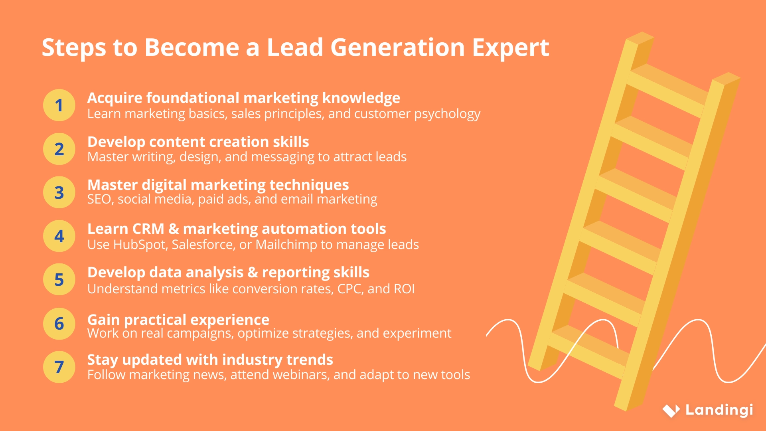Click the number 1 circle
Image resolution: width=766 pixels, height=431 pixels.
coord(59,105)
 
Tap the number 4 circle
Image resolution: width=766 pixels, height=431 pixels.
coord(59,236)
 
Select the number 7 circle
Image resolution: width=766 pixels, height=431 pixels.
coord(59,367)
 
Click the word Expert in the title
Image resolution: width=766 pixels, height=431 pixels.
coord(510,48)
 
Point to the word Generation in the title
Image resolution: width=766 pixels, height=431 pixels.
coord(397,48)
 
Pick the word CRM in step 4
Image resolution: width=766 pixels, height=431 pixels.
coord(148,229)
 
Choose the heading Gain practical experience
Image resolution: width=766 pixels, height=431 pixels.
coord(178,320)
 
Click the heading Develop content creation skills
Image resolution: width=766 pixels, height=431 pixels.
coord(198,142)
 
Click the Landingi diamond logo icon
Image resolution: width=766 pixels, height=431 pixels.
coord(671,410)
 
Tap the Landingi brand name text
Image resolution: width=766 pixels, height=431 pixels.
coord(719,410)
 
